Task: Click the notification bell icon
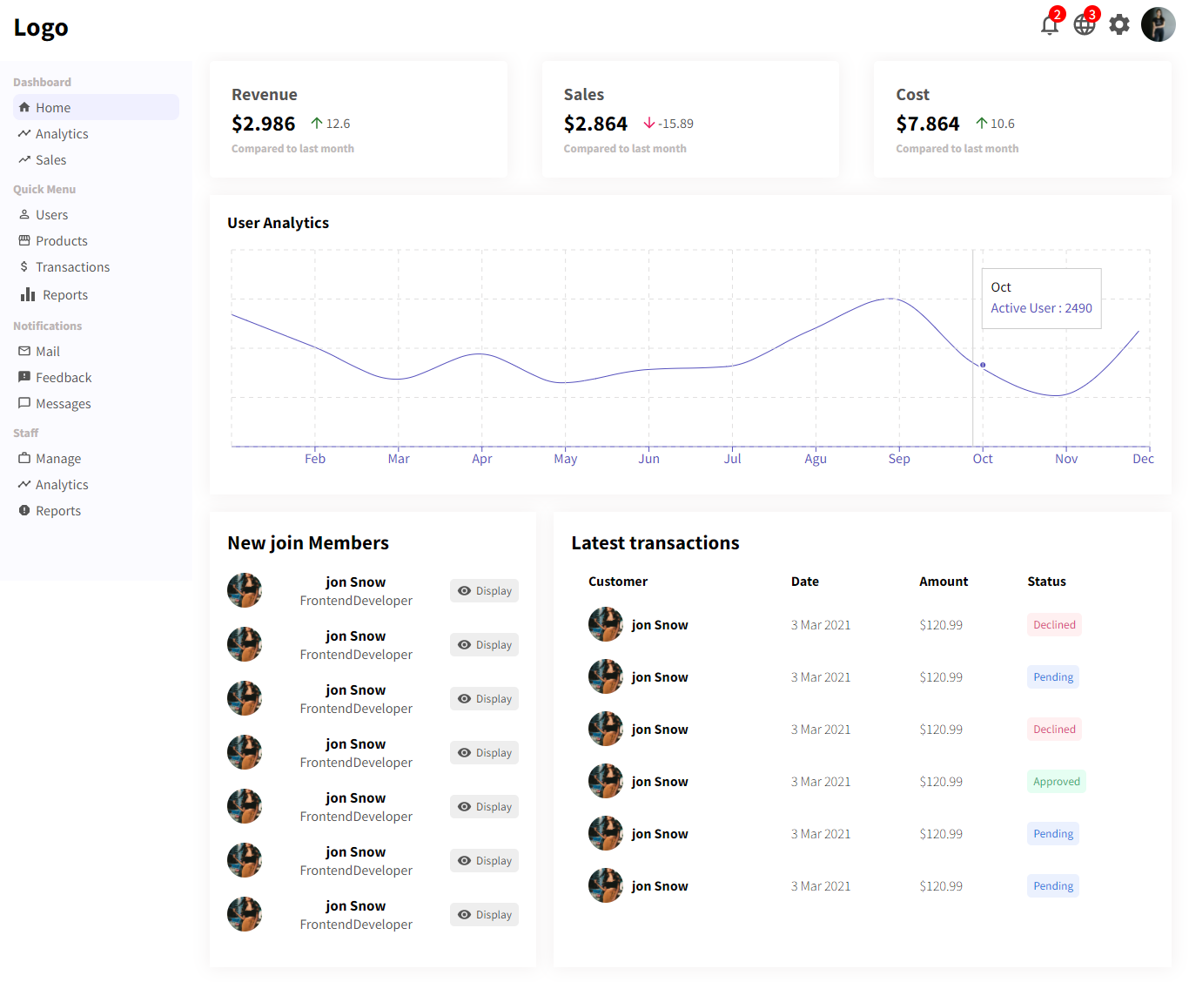click(1049, 25)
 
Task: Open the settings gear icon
click(1119, 24)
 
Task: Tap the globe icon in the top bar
click(1085, 25)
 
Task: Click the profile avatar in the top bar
click(1158, 24)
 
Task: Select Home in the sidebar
click(53, 108)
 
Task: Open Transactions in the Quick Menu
click(72, 267)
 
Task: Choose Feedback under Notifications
click(64, 378)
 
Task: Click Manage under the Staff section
click(58, 459)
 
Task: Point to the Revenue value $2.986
click(263, 124)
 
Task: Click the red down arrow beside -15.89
click(649, 124)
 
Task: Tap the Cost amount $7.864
click(927, 124)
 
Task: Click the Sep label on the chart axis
click(899, 459)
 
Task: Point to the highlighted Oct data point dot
click(983, 365)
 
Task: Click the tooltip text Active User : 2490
click(1041, 308)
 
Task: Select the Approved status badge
click(1056, 782)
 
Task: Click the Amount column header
click(944, 582)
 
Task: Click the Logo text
click(41, 28)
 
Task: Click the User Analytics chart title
click(278, 223)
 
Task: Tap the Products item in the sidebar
click(61, 241)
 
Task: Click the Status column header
click(1046, 582)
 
